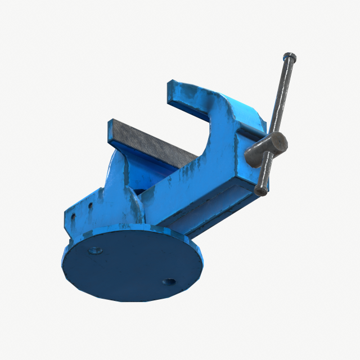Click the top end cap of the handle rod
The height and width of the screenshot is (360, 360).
coord(290,57)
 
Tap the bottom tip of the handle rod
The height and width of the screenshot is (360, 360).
coord(260,190)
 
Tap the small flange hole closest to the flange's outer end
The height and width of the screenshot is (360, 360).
coord(73,217)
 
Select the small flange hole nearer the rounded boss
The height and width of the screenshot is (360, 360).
coord(89,206)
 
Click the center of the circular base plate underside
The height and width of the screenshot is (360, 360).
coord(132,264)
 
